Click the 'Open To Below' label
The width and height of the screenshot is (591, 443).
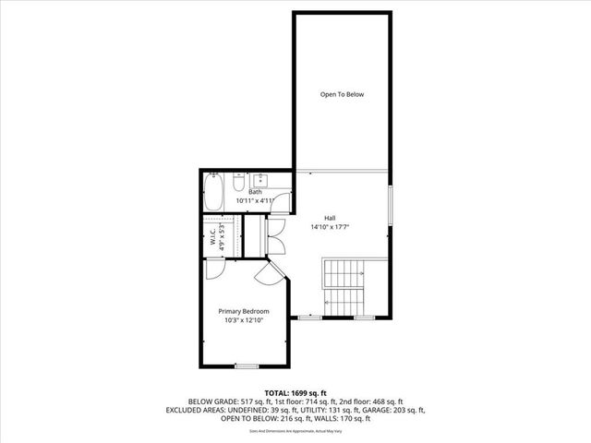[342, 94]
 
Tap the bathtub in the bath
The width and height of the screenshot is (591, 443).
[213, 194]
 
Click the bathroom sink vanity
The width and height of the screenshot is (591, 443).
[260, 179]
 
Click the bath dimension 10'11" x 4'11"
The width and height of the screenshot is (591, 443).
[255, 200]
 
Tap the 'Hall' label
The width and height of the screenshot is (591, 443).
[329, 217]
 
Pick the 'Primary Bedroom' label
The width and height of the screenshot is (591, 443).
[244, 311]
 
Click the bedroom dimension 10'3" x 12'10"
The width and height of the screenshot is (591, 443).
[244, 320]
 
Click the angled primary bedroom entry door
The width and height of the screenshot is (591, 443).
[272, 271]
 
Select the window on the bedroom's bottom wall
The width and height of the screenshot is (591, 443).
[246, 366]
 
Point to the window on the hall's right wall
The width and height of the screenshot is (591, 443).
[392, 204]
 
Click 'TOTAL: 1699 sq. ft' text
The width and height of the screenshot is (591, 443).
[295, 392]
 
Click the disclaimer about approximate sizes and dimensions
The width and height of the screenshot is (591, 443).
[295, 430]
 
